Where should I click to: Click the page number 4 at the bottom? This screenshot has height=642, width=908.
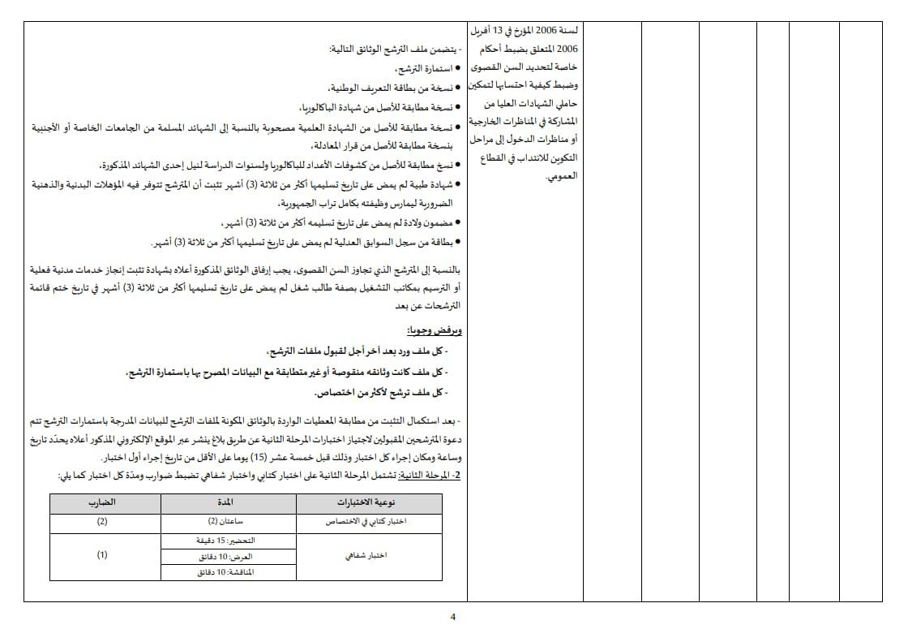(453, 616)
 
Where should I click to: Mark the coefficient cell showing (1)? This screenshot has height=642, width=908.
(102, 555)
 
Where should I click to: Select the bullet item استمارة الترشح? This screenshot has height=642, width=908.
(421, 69)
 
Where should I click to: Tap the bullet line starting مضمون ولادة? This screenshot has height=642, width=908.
(340, 222)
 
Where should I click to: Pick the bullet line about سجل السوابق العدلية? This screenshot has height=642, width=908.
(308, 242)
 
